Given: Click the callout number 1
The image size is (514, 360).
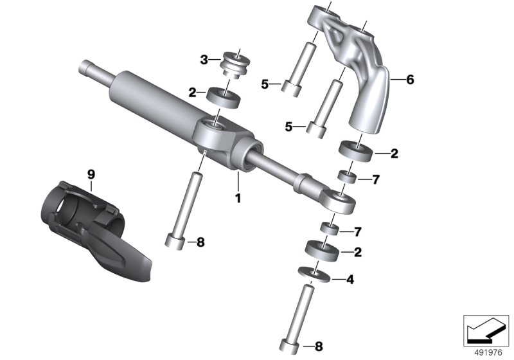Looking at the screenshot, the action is [x=238, y=199].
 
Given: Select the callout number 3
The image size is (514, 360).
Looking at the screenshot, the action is [x=204, y=60].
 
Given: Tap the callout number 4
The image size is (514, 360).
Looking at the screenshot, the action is [x=350, y=280].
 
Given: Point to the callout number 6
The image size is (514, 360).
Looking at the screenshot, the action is [x=410, y=80].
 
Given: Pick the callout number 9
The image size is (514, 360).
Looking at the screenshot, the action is [x=91, y=174].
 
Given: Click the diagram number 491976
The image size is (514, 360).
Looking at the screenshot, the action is [x=488, y=353].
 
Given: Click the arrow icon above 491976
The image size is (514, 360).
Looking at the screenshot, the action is [x=486, y=330].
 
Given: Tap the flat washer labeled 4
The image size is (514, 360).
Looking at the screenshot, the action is [x=314, y=274].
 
